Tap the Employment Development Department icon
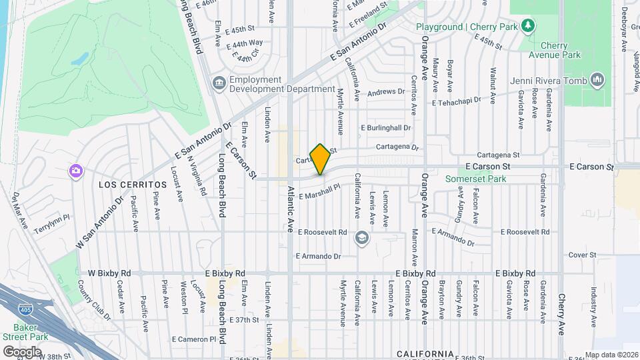[219, 84]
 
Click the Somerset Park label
[476, 179]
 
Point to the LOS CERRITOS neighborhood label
[133, 184]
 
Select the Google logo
[22, 351]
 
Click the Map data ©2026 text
[611, 355]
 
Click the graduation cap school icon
[361, 238]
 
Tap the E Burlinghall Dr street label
[386, 127]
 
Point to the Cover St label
[582, 255]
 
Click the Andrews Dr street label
[386, 91]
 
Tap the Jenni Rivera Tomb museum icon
[597, 81]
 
